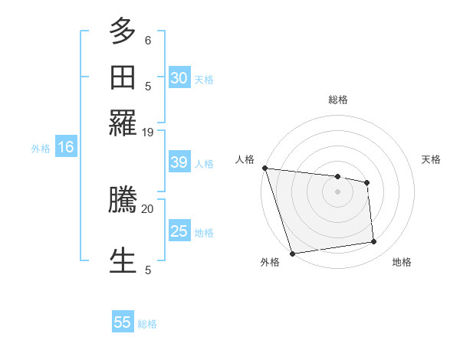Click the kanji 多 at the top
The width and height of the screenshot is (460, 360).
123,32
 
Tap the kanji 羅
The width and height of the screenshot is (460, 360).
123,122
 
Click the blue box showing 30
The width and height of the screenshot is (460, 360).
179,78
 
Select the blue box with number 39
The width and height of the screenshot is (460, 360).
179,163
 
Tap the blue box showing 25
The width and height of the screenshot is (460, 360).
179,231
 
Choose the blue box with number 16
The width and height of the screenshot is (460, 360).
66,148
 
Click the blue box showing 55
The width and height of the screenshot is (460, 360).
123,322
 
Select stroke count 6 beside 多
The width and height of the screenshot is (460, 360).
148,40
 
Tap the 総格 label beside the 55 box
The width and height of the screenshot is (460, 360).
147,324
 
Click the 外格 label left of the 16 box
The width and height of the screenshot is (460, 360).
41,149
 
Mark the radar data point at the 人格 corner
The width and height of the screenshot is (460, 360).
264,168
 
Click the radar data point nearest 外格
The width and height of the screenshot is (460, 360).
292,254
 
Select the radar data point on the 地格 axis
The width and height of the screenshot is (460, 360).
374,242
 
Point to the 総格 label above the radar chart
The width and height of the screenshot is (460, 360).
338,100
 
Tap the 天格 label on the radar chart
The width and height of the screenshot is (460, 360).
432,159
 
